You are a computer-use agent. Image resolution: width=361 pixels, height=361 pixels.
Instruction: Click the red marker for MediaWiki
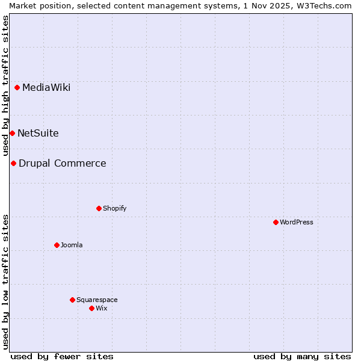tap(17, 88)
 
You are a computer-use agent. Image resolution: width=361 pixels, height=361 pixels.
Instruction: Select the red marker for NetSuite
tap(12, 133)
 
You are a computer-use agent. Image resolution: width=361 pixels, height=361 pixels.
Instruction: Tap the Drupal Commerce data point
tap(13, 163)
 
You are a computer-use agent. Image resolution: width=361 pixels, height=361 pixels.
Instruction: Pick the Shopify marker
tap(99, 208)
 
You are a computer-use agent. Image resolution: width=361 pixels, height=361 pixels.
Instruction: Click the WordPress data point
tap(276, 222)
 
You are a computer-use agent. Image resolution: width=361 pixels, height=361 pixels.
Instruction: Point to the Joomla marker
tap(57, 245)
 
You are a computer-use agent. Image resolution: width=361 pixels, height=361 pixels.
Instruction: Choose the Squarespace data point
tap(72, 300)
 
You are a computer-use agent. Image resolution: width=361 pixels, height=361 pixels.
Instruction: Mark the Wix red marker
tap(91, 308)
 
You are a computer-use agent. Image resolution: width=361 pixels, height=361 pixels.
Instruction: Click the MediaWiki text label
tap(46, 88)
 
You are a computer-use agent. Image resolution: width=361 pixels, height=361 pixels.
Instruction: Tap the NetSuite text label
tap(38, 134)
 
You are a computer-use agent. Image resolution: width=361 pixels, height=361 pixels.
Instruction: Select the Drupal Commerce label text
tap(63, 164)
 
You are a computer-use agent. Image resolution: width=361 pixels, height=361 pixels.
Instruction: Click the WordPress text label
tap(297, 222)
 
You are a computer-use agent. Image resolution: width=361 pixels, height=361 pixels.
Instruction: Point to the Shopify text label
tap(114, 208)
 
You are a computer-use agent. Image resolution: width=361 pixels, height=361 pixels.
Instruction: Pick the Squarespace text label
tap(97, 300)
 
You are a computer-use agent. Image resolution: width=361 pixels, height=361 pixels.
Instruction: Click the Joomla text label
tap(72, 245)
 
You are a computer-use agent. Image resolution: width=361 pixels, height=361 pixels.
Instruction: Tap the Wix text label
tap(101, 308)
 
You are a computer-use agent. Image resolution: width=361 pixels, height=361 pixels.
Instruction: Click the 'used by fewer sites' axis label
tap(62, 356)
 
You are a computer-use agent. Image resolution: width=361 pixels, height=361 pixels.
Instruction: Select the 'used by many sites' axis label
tap(302, 356)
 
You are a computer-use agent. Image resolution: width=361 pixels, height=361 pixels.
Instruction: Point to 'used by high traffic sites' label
tap(5, 86)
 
